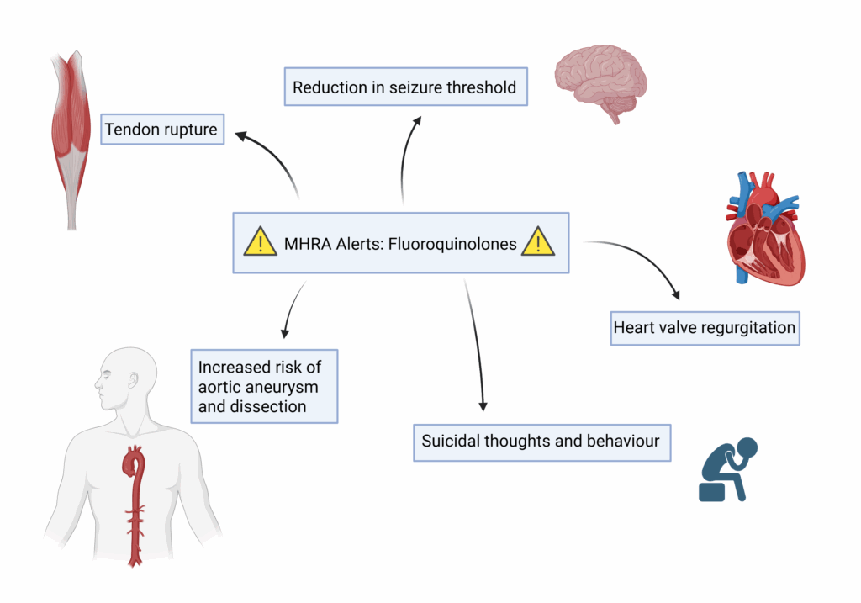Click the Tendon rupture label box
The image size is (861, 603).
pyautogui.click(x=161, y=130)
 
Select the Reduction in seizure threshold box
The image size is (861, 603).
pyautogui.click(x=405, y=87)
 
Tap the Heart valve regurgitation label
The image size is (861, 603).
pyautogui.click(x=705, y=327)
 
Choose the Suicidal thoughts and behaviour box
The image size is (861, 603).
pyautogui.click(x=541, y=441)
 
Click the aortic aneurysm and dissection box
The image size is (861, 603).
pyautogui.click(x=264, y=386)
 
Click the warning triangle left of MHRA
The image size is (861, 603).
pyautogui.click(x=261, y=244)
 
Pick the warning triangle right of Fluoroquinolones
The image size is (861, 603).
pyautogui.click(x=537, y=243)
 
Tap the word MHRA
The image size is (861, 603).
pyautogui.click(x=307, y=244)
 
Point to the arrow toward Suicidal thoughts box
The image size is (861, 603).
pyautogui.click(x=476, y=345)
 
